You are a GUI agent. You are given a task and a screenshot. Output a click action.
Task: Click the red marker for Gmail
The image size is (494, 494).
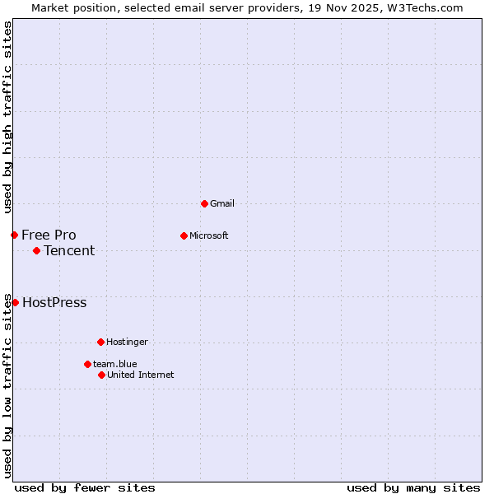click(x=204, y=203)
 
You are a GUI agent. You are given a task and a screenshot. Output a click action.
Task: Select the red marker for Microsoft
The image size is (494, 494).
click(x=184, y=235)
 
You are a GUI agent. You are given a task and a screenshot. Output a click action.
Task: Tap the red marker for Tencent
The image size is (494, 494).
click(x=36, y=250)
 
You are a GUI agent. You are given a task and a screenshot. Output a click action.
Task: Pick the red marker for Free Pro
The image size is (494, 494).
click(x=14, y=235)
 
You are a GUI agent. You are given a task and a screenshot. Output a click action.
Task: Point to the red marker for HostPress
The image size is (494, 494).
click(x=15, y=302)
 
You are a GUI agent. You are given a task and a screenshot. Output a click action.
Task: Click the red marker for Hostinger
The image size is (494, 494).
click(x=100, y=342)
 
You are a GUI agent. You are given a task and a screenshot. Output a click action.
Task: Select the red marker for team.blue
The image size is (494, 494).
click(x=87, y=364)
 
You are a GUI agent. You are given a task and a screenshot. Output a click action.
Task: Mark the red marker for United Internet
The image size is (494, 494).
click(x=101, y=375)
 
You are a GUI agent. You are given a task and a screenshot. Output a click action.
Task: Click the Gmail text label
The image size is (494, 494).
click(x=222, y=203)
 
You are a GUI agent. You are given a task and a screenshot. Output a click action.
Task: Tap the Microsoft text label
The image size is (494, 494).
click(x=208, y=235)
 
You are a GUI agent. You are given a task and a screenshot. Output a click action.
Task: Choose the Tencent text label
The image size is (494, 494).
click(x=69, y=250)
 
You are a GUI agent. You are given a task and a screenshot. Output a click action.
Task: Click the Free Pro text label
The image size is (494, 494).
click(x=49, y=235)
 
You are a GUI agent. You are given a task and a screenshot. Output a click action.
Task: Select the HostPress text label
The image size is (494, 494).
click(x=54, y=302)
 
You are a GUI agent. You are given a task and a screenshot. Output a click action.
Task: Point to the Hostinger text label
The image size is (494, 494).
click(x=127, y=342)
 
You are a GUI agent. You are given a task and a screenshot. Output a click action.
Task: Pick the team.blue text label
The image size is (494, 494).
click(x=114, y=364)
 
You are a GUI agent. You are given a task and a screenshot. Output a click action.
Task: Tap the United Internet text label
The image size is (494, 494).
click(x=140, y=375)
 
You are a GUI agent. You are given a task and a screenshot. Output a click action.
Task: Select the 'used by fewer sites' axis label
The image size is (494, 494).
click(x=85, y=487)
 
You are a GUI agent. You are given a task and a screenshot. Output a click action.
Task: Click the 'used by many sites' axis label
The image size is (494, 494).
click(x=413, y=487)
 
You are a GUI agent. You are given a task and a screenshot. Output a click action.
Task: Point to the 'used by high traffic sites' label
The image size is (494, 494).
click(x=7, y=117)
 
